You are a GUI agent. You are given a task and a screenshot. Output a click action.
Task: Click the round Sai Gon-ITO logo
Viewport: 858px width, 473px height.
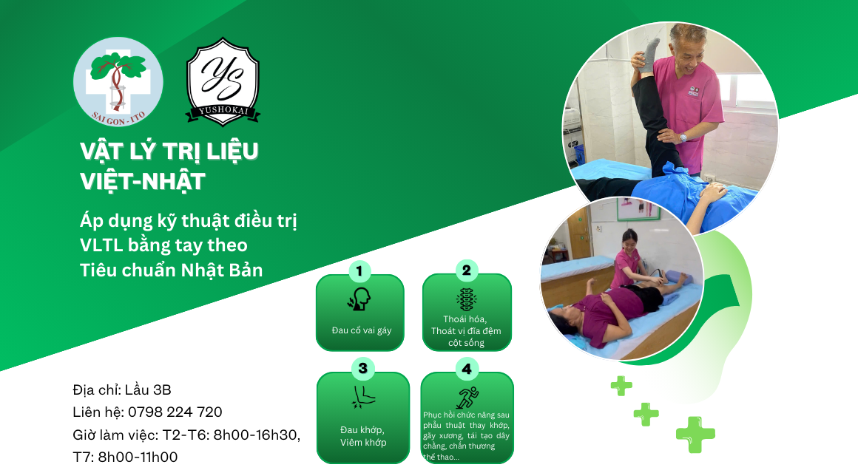[x=118, y=82]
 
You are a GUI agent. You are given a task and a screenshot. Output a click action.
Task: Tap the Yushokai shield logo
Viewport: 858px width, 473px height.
[x=223, y=81]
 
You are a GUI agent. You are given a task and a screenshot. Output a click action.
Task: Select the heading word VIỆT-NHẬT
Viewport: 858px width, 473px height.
[x=142, y=182]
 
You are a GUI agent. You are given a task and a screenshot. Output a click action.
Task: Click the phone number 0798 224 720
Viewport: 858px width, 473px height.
[x=175, y=412]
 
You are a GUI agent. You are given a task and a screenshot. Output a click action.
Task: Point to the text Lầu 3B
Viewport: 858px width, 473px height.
[x=148, y=389]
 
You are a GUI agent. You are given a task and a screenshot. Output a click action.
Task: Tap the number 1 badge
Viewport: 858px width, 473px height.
[x=359, y=270]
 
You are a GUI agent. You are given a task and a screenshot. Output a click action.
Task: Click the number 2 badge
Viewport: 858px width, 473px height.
[x=466, y=270]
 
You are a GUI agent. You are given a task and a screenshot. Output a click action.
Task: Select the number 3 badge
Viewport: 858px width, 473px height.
[x=362, y=369]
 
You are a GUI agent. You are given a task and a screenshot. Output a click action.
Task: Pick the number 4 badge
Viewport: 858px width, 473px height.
[x=467, y=369]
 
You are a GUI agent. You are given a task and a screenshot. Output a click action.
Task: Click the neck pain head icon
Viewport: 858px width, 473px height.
[x=359, y=299]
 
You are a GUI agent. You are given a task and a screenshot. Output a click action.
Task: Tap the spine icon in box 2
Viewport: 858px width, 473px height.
[x=466, y=299]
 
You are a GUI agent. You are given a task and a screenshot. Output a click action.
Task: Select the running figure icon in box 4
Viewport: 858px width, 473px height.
[x=467, y=398]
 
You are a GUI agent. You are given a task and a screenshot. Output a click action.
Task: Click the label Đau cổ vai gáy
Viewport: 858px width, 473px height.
[x=361, y=330]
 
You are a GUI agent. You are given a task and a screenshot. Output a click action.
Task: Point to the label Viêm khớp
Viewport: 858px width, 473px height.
[x=362, y=443]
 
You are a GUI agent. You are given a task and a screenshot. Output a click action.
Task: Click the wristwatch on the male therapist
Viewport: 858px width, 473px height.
[x=683, y=137]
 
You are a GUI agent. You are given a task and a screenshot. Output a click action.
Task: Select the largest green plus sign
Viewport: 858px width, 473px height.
[x=695, y=435]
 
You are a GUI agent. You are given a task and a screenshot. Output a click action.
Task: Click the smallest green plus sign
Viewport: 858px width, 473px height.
[x=621, y=386]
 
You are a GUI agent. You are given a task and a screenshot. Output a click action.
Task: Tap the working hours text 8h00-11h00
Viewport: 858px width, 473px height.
[x=138, y=457]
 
